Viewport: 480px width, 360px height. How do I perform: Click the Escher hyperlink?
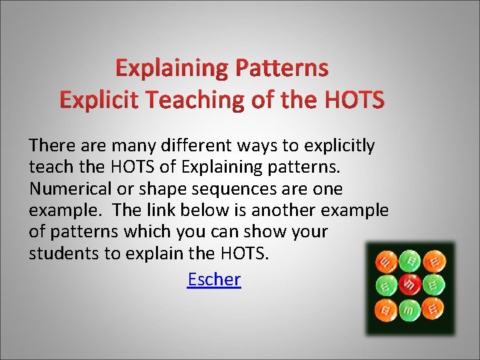(214, 279)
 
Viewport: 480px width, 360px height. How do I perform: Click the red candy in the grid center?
(410, 285)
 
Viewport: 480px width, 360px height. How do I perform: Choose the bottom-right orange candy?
(434, 309)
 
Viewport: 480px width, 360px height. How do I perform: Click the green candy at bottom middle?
(410, 309)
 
